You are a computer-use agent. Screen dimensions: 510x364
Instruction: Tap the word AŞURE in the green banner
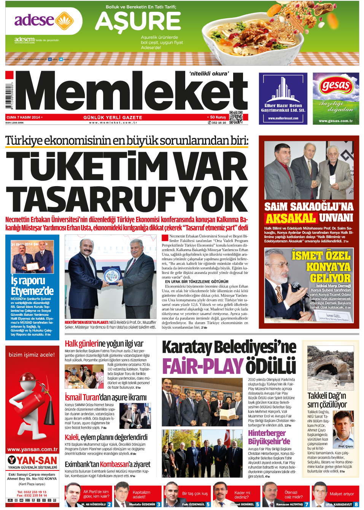138,21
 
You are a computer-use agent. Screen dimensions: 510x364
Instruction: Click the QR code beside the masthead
236,117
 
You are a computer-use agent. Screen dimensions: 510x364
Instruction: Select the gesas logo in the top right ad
335,86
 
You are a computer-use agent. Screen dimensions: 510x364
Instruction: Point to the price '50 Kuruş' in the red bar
218,117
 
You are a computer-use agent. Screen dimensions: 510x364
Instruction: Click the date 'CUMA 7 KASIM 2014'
23,117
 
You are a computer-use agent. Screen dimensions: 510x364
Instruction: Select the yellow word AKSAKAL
291,219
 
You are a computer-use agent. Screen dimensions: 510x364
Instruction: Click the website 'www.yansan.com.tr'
32,449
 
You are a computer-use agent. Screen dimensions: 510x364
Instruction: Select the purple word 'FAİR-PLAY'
203,366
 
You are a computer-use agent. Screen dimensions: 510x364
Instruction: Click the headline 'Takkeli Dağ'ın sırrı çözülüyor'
327,400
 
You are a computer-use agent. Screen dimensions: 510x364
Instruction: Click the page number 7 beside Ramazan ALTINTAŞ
307,504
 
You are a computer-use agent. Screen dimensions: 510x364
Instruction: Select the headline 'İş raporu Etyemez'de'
32,285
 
